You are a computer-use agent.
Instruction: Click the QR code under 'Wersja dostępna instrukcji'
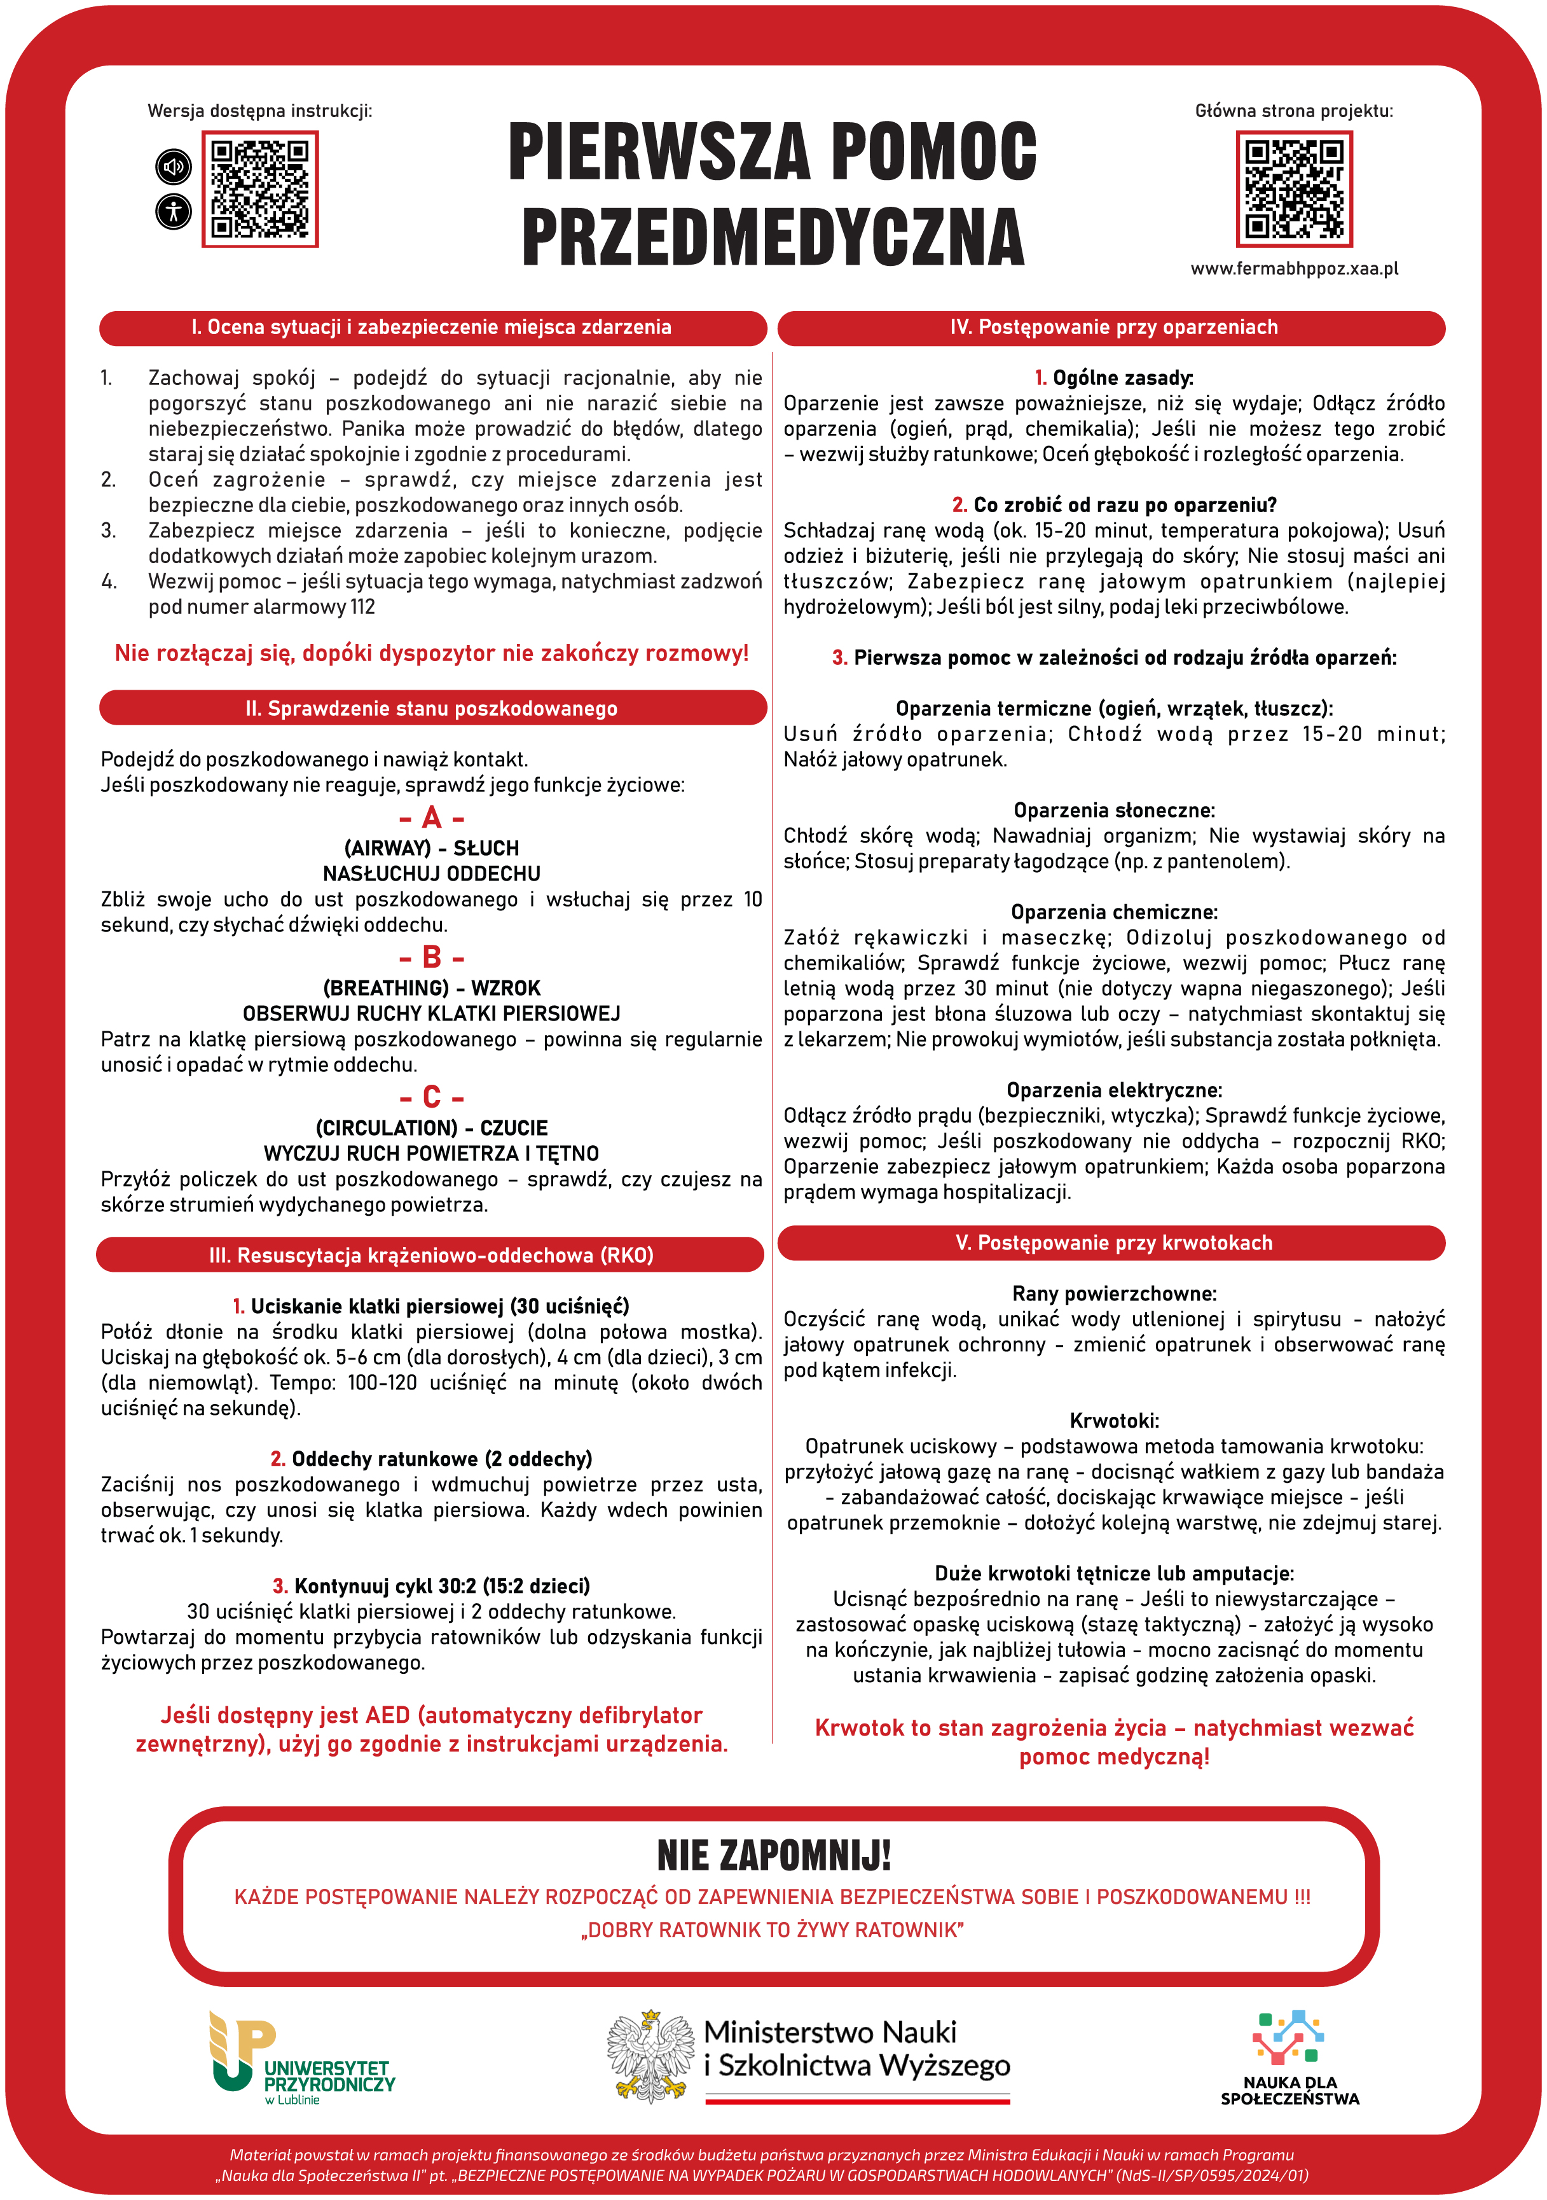tap(259, 189)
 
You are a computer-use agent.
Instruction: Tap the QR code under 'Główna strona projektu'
tap(1294, 189)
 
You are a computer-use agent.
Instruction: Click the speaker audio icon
tap(174, 167)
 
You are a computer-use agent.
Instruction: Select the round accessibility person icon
tap(174, 211)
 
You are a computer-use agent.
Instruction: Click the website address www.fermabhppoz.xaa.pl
tap(1294, 269)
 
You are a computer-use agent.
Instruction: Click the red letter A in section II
tap(432, 818)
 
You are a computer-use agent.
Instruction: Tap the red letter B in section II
tap(432, 957)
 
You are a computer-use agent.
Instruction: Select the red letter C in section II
tap(432, 1097)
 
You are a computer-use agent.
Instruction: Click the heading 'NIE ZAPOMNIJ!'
tap(774, 1856)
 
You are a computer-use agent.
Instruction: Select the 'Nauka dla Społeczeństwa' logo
tap(1289, 2057)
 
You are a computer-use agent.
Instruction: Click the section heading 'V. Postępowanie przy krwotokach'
tap(1113, 1243)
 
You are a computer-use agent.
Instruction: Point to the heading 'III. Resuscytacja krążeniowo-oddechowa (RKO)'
tap(431, 1255)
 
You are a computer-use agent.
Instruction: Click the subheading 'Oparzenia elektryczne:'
tap(1114, 1090)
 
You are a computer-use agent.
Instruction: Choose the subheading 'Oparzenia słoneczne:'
tap(1114, 811)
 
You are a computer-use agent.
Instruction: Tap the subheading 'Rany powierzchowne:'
tap(1114, 1293)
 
